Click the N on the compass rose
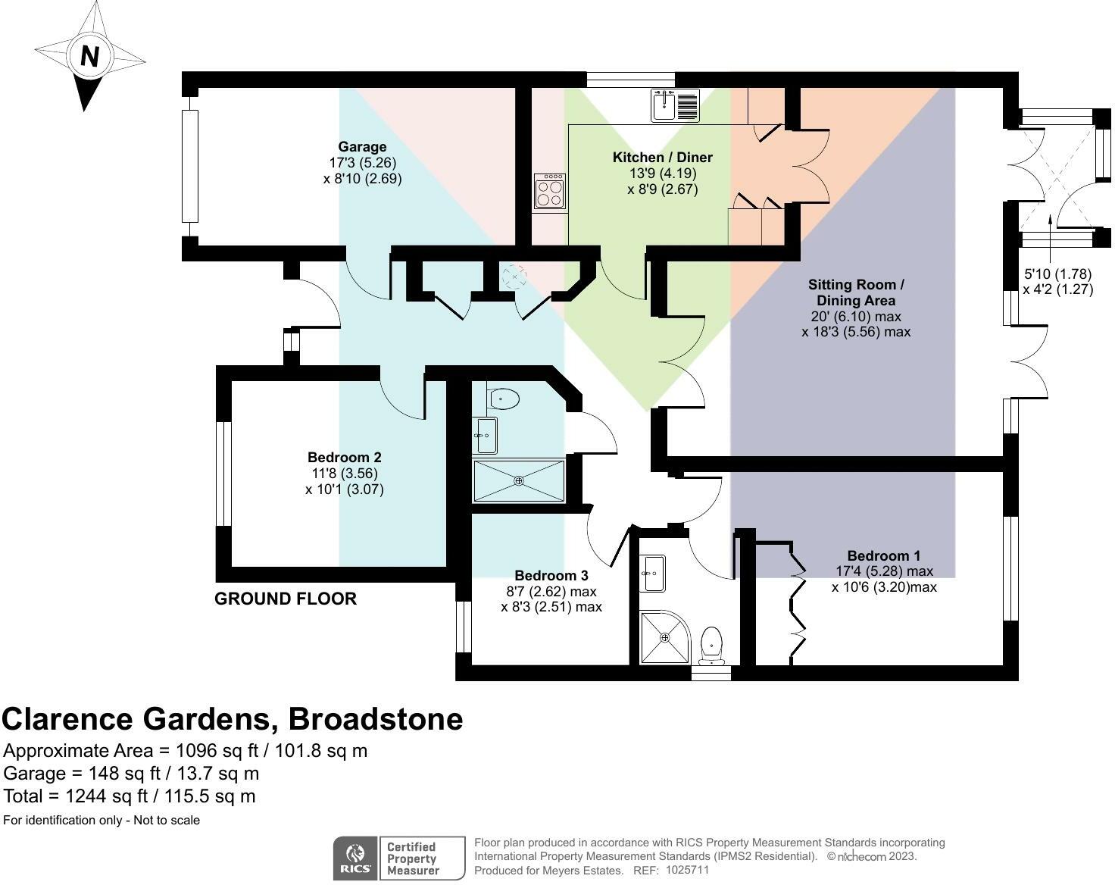(x=89, y=55)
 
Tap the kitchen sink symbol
(x=675, y=105)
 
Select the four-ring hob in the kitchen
(x=550, y=191)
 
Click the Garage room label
(x=362, y=147)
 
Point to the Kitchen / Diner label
(x=662, y=157)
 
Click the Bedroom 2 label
(x=345, y=458)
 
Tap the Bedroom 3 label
(x=551, y=576)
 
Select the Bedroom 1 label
(x=884, y=556)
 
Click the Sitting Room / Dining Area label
(x=856, y=292)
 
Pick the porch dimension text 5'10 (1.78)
(x=1057, y=274)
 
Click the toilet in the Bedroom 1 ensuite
(x=711, y=646)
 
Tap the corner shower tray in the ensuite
(x=665, y=637)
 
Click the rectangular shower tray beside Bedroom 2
(x=519, y=480)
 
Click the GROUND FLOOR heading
(x=286, y=599)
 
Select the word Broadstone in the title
(x=376, y=719)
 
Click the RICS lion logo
(x=355, y=858)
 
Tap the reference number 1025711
(x=687, y=871)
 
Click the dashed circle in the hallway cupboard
(x=514, y=277)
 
